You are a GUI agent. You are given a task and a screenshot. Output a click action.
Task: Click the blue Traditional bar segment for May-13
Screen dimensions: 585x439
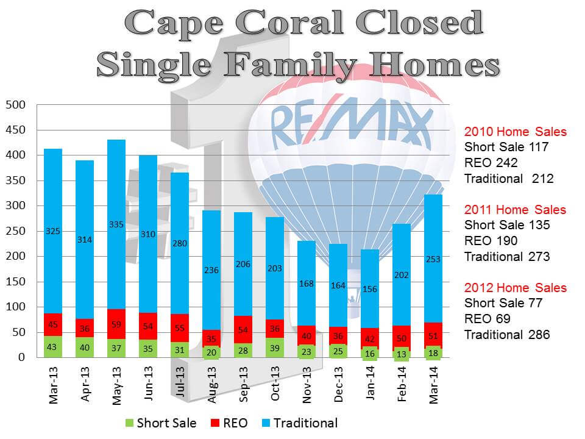click(x=116, y=224)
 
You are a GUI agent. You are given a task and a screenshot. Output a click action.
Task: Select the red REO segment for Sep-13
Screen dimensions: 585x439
click(x=243, y=330)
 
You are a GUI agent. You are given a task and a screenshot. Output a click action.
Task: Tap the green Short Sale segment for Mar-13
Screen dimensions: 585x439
click(x=53, y=347)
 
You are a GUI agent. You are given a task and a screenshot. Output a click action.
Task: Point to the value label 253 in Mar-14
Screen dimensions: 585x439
click(x=433, y=259)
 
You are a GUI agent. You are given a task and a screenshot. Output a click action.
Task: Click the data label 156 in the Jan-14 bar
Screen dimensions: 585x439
click(x=370, y=289)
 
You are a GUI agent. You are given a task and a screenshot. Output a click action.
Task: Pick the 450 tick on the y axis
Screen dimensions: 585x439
click(x=15, y=130)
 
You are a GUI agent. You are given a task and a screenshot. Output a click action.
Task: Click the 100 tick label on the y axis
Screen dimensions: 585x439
click(x=15, y=307)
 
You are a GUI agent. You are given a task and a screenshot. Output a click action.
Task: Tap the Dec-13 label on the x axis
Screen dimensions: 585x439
click(x=338, y=384)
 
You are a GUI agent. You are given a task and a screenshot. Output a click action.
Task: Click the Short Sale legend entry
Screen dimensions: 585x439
click(x=161, y=423)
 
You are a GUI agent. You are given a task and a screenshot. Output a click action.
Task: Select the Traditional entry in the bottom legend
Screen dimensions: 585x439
click(x=300, y=423)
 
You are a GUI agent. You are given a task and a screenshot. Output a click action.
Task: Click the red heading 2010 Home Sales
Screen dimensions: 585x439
click(x=516, y=132)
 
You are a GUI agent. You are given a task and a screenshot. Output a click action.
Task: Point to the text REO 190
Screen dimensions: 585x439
click(x=491, y=241)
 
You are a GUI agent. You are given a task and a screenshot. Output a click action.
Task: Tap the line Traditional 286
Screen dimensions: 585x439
click(x=507, y=335)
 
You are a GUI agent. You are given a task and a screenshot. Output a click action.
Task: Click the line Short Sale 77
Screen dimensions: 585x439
click(x=503, y=303)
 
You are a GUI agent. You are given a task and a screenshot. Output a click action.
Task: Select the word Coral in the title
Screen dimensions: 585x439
click(x=289, y=23)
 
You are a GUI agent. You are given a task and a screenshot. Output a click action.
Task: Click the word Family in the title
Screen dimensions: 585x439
click(x=290, y=64)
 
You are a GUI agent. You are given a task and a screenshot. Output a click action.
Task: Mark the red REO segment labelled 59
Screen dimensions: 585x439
click(x=116, y=324)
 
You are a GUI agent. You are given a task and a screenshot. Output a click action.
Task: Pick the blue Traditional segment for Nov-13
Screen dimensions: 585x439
click(x=307, y=284)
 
